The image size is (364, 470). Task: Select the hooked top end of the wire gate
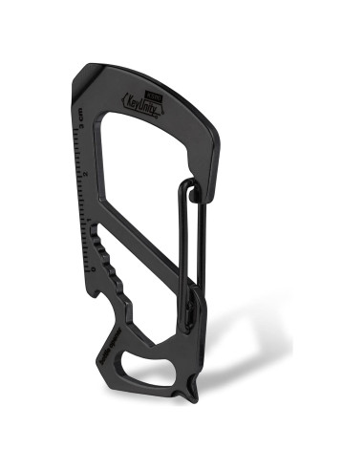195,191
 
